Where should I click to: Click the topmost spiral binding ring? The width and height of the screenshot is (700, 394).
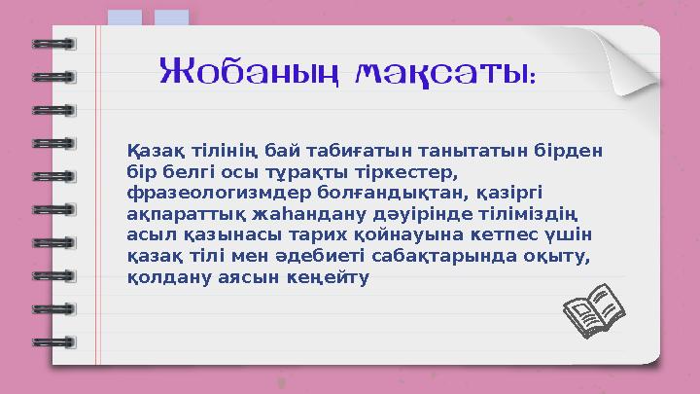tap(53, 44)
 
